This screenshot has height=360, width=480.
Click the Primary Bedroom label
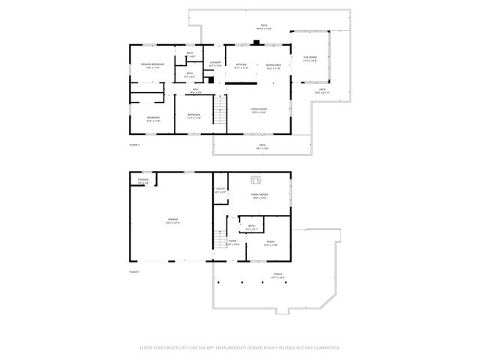click(152, 65)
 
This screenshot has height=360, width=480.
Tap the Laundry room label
click(215, 63)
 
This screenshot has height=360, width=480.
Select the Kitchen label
click(241, 65)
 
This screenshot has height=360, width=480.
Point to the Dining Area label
click(273, 65)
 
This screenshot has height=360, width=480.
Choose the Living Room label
click(259, 110)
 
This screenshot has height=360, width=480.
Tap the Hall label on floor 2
click(194, 91)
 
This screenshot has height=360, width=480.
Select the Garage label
click(172, 220)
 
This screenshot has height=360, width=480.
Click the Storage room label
click(142, 180)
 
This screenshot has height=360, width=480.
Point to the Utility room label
click(220, 190)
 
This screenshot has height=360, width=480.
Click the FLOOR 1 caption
click(135, 271)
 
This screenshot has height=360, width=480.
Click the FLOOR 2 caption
click(135, 144)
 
